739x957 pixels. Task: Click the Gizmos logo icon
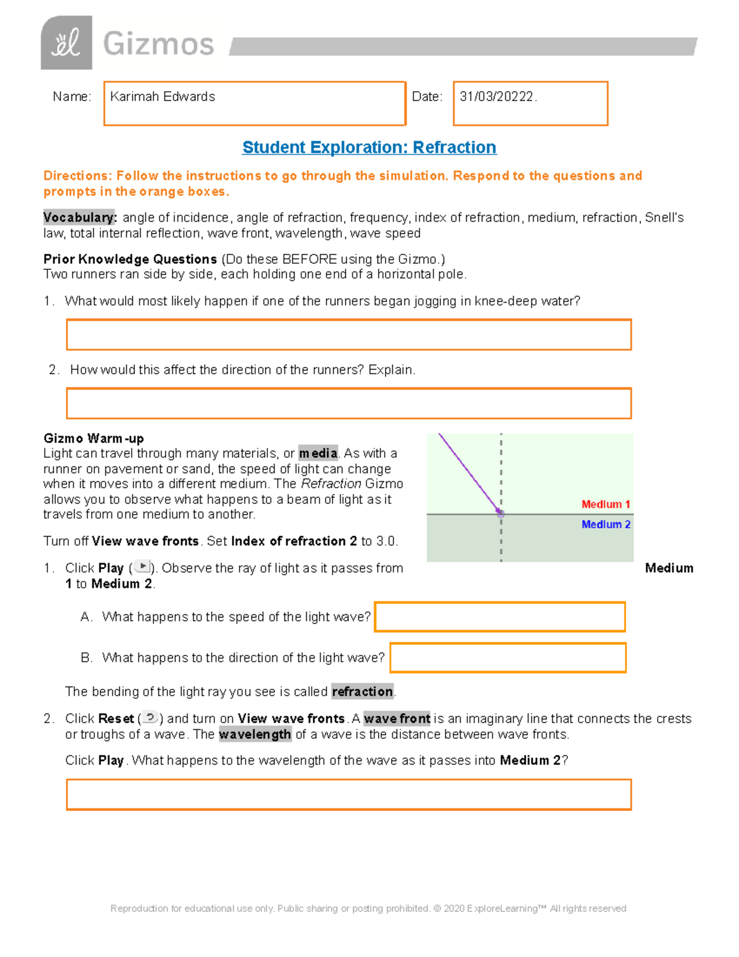[67, 43]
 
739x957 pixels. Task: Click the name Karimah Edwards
[163, 97]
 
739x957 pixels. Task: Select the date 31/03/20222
[498, 97]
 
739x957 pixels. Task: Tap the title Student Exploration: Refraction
[369, 147]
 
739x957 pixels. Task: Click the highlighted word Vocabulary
[79, 218]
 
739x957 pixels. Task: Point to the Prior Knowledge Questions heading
[130, 259]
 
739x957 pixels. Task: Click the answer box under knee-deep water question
[349, 335]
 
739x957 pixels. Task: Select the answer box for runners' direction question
[349, 404]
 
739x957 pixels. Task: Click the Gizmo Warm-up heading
[94, 438]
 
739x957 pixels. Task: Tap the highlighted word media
[318, 454]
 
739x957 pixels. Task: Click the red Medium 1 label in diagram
[605, 504]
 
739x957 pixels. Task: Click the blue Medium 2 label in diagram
[605, 524]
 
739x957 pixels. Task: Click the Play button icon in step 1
[142, 567]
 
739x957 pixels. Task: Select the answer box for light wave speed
[499, 617]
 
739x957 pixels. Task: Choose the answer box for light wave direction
[507, 658]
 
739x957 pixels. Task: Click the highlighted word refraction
[362, 691]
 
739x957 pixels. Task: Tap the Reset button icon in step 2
[150, 718]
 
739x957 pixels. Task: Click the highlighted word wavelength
[255, 735]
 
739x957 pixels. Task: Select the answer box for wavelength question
[349, 794]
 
